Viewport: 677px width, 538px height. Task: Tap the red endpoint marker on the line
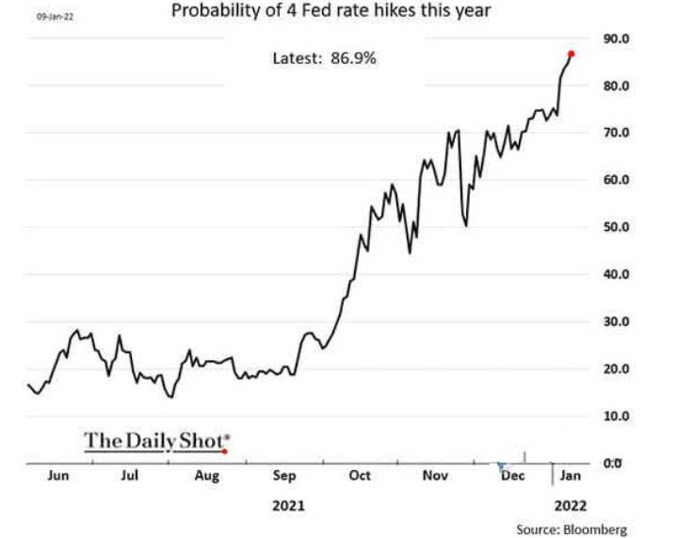(x=572, y=54)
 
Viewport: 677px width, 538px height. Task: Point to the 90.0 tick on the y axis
(x=617, y=39)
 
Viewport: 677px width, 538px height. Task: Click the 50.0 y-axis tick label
(x=617, y=227)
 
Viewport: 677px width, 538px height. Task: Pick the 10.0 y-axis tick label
(x=617, y=416)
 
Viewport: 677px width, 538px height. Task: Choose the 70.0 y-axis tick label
(x=617, y=133)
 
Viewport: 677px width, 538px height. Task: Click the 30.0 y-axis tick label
(x=617, y=321)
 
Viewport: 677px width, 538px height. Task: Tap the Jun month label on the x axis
(x=58, y=476)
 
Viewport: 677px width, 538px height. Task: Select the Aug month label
(x=207, y=476)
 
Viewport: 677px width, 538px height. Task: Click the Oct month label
(x=360, y=476)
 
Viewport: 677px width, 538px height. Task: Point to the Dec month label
(x=512, y=476)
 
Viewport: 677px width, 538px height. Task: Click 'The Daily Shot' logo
(x=155, y=440)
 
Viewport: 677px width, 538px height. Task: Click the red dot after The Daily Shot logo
(x=224, y=451)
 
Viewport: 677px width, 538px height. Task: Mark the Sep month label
(x=283, y=476)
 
